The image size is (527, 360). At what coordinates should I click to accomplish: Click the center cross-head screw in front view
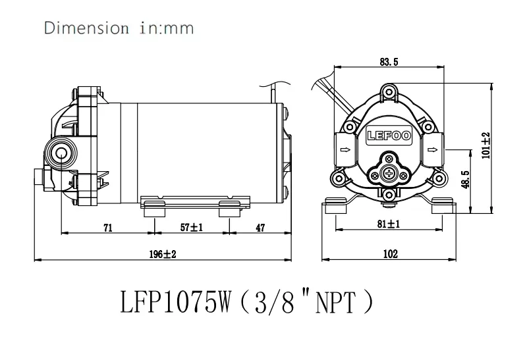(x=389, y=174)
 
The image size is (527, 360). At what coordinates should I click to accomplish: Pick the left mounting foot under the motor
(x=153, y=207)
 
